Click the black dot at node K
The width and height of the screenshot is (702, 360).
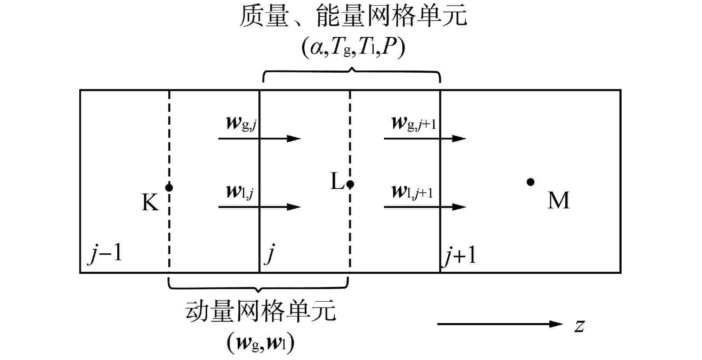169,187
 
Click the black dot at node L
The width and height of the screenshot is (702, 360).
350,184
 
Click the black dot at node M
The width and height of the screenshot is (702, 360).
530,182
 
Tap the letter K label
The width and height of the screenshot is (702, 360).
150,202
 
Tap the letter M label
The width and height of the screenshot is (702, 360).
558,200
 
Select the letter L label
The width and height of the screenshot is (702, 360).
337,182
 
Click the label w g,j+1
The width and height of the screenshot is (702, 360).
414,124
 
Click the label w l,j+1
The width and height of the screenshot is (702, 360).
412,192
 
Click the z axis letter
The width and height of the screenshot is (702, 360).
579,325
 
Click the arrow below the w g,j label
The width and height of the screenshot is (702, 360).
259,138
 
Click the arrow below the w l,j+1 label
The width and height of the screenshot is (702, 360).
425,207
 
